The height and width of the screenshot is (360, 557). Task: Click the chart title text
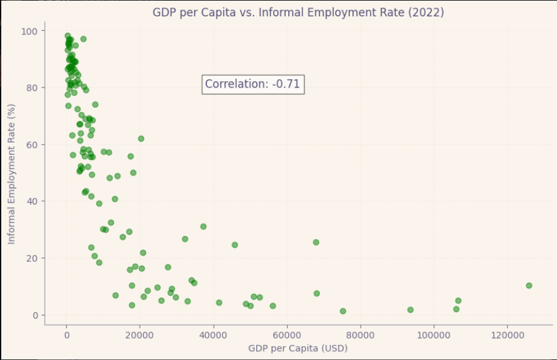[x=298, y=13]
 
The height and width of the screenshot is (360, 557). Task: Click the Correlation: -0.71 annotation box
[x=253, y=84]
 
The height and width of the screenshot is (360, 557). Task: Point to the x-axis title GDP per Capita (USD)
[x=298, y=347]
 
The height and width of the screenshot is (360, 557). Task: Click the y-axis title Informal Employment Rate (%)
[x=11, y=173]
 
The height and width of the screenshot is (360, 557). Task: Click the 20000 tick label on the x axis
[x=140, y=333]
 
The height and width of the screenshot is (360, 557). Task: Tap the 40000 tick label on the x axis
[x=213, y=333]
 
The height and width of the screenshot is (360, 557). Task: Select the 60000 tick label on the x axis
[x=287, y=333]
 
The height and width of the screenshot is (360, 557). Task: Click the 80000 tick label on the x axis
[x=360, y=333]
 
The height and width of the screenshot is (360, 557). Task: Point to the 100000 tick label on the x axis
[x=434, y=333]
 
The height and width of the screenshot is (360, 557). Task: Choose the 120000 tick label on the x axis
[x=507, y=333]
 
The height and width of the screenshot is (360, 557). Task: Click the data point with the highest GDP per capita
[x=529, y=286]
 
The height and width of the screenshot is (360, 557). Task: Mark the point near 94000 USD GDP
[x=410, y=310]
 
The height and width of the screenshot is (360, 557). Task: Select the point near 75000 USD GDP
[x=343, y=311]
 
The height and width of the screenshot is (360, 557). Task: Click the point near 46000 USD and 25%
[x=235, y=245]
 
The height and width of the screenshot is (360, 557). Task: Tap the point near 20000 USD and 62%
[x=141, y=138]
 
